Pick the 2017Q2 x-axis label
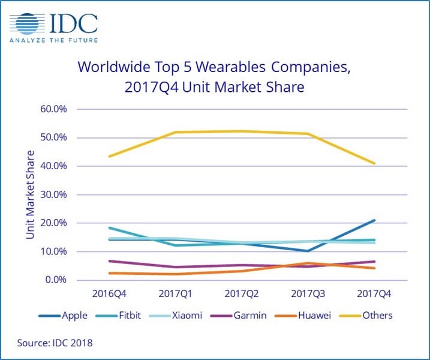tap(242, 294)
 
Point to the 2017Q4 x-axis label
tap(374, 294)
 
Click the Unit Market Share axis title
tap(30, 194)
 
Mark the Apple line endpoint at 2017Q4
tap(374, 220)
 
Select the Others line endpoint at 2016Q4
tap(109, 157)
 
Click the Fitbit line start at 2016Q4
tap(109, 228)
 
